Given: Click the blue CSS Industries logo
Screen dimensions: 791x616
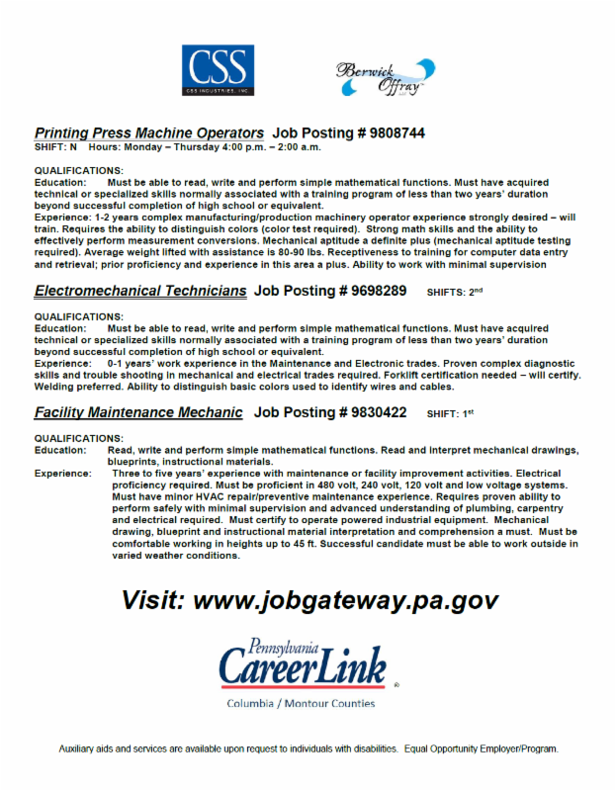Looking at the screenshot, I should point(218,71).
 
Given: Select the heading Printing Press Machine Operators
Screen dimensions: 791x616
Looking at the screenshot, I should point(148,132).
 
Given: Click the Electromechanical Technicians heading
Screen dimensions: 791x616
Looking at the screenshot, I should point(140,292).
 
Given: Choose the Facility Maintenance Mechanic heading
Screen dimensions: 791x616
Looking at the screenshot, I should point(137,412).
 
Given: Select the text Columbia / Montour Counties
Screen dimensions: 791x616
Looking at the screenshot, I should point(301,704).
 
